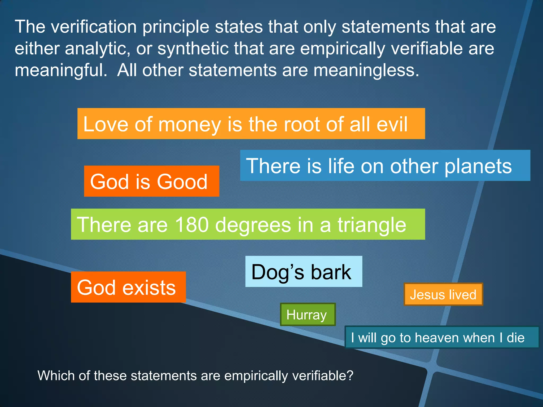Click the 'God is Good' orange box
(151, 181)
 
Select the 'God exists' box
(128, 287)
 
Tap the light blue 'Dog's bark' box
(303, 272)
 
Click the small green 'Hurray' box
(308, 315)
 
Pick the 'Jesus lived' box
(443, 294)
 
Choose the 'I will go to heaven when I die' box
(441, 337)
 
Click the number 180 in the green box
(192, 225)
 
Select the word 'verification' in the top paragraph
(94, 27)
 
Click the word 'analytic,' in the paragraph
(97, 49)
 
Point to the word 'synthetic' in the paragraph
(193, 49)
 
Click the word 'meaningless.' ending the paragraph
(366, 70)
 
